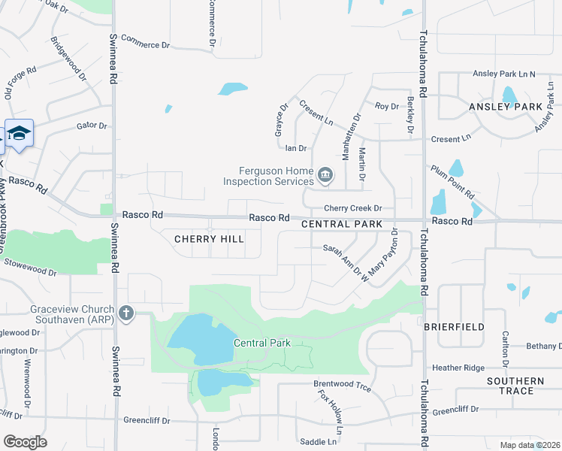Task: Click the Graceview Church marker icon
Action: pyautogui.click(x=126, y=313)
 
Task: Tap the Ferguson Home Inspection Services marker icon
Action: pyautogui.click(x=325, y=176)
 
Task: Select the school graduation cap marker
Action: pyautogui.click(x=19, y=134)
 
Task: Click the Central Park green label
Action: pyautogui.click(x=261, y=343)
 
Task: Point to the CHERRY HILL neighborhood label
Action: pyautogui.click(x=209, y=238)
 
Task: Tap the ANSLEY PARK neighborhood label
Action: pyautogui.click(x=505, y=107)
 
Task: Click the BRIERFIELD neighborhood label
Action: pyautogui.click(x=454, y=327)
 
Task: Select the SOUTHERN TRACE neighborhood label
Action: pyautogui.click(x=515, y=386)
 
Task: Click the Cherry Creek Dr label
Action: pyautogui.click(x=353, y=208)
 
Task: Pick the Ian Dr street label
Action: pyautogui.click(x=296, y=149)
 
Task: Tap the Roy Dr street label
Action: pyautogui.click(x=387, y=107)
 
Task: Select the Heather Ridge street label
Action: pyautogui.click(x=458, y=368)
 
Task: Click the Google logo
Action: pyautogui.click(x=25, y=442)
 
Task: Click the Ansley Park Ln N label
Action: pyautogui.click(x=503, y=74)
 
